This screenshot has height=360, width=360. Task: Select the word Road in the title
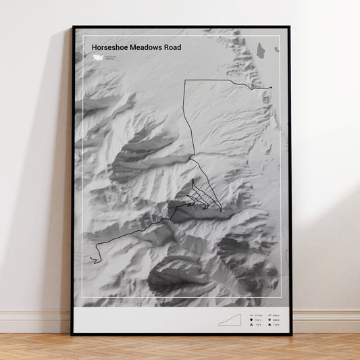point(172,47)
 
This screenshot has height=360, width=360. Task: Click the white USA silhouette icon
point(98,58)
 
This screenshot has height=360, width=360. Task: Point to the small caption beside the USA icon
point(109,59)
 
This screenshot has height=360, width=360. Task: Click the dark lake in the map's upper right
point(261,49)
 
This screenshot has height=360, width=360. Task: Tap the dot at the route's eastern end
point(270,88)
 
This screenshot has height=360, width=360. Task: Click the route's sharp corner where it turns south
point(185,80)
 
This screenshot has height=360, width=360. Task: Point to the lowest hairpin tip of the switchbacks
point(221,211)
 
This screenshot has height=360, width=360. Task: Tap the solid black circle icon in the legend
point(251,320)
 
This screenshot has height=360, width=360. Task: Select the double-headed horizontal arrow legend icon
point(251,315)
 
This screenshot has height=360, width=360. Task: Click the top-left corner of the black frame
point(72,27)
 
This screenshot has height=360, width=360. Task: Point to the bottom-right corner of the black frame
point(290,334)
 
